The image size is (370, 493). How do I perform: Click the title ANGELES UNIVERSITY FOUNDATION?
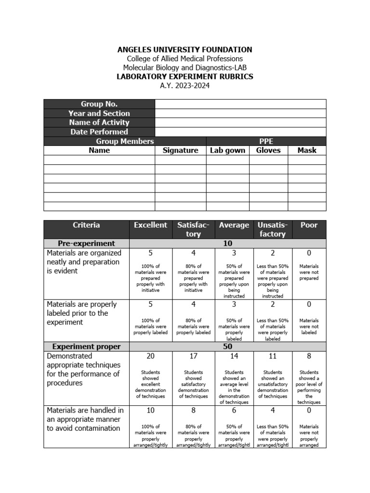[185, 50]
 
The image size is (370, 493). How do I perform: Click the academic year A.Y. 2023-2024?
[185, 86]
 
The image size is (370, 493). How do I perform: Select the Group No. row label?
[99, 104]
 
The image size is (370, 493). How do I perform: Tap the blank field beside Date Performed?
[240, 132]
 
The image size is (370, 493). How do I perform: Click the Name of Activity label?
[99, 123]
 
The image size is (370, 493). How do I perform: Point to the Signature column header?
[180, 150]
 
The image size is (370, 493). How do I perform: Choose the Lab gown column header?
[227, 150]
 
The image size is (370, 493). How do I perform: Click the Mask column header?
[306, 150]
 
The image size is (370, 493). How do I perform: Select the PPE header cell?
[266, 141]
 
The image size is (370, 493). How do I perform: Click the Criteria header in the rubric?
[86, 225]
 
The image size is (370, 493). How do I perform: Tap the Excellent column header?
[150, 225]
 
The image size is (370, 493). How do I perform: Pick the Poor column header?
[309, 225]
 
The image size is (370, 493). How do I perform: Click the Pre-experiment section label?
[86, 244]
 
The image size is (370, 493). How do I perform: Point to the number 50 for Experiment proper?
[227, 347]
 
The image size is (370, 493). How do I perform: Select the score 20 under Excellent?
[150, 356]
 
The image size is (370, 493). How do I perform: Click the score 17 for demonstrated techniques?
[193, 356]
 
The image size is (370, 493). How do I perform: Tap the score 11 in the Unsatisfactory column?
[272, 356]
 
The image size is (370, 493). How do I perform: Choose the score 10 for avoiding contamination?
[150, 411]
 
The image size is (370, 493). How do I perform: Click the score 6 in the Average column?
[234, 411]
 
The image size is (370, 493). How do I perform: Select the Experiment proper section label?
[86, 347]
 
